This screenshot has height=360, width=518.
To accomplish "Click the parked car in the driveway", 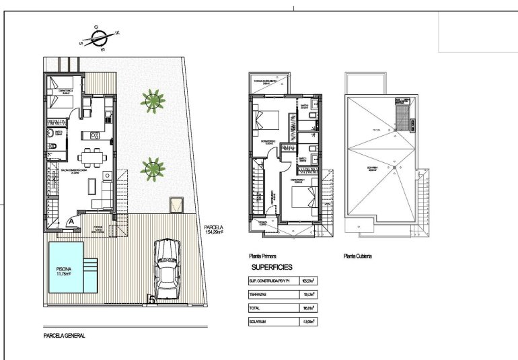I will coord(166,269).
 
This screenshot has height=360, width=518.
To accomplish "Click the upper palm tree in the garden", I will coord(153,100).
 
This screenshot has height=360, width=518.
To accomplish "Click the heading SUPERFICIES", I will coord(270,267).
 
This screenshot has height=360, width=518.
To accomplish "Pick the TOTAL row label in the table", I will coord(255,308).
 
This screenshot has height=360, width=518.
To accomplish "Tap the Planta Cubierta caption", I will coord(357,256).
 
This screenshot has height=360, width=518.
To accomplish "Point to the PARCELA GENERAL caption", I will coord(64,335).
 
